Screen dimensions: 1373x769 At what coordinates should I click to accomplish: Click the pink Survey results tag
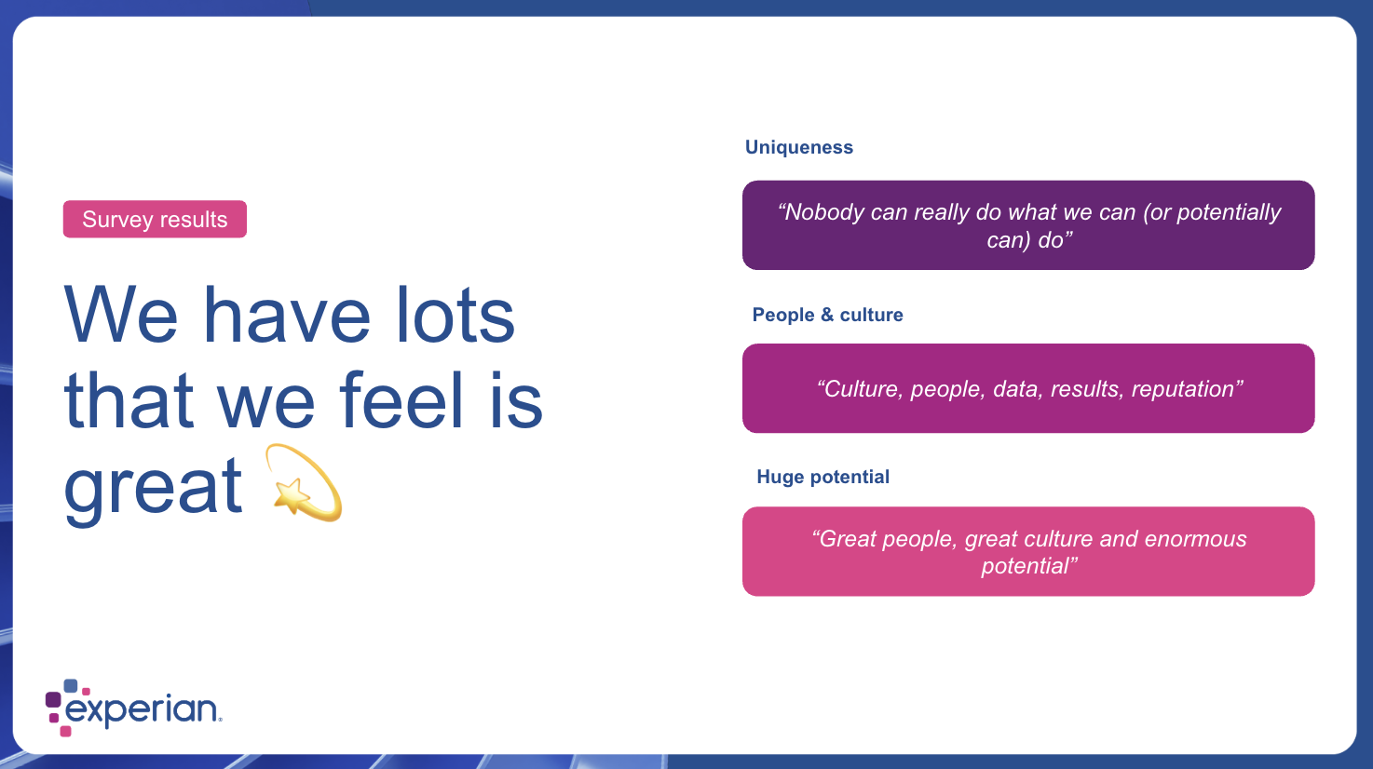pos(155,219)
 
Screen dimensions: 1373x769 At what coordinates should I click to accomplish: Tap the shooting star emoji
pos(304,483)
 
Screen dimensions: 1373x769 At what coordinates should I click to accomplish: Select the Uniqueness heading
pos(798,147)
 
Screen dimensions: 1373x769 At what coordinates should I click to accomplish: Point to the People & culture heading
pos(827,315)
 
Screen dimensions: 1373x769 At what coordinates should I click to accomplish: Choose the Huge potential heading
pos(822,477)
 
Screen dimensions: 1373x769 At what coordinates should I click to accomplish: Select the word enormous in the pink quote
pos(1195,539)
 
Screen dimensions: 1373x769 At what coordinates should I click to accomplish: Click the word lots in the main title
pos(455,315)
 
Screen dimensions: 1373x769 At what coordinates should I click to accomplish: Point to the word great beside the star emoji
pos(154,487)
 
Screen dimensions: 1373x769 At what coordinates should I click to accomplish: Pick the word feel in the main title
pos(401,400)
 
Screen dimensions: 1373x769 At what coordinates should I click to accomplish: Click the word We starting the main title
pos(121,315)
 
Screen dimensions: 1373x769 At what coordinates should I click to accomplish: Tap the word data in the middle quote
pos(1017,389)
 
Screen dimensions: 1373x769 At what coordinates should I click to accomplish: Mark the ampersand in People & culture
pos(827,315)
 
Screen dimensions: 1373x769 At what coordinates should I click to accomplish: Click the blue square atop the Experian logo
pos(71,685)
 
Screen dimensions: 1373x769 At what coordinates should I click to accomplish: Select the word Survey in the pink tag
pos(117,220)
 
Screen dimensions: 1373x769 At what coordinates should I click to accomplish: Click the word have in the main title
pos(287,315)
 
